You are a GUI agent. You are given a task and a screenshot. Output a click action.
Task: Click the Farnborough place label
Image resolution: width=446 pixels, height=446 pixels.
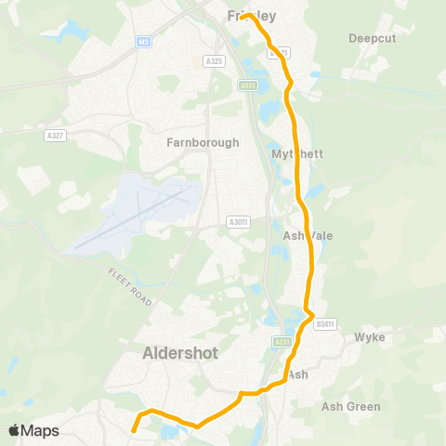(203, 143)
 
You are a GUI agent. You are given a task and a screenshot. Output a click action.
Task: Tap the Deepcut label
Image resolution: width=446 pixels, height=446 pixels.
(372, 38)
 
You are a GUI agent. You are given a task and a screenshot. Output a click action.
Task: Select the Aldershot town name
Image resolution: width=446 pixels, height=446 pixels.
(182, 353)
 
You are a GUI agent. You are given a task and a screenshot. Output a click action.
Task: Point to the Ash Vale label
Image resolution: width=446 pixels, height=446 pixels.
(308, 236)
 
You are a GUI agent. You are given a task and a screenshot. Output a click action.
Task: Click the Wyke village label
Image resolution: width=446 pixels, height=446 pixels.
(370, 338)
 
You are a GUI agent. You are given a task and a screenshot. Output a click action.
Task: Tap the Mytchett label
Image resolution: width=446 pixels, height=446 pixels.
(297, 153)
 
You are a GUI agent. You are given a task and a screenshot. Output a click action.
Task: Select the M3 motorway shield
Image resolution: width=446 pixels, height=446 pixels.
(142, 42)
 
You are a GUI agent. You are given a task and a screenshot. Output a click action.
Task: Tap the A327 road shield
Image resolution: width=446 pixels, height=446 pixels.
(55, 135)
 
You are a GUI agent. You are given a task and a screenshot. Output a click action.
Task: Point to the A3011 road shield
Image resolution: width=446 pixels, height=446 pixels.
(239, 222)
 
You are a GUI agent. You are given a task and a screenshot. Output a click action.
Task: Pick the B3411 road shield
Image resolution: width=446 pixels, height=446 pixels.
(323, 324)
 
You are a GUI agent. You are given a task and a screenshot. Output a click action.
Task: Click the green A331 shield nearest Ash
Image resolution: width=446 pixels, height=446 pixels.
(282, 342)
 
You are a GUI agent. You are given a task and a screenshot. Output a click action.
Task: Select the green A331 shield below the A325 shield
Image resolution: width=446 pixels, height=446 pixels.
(247, 85)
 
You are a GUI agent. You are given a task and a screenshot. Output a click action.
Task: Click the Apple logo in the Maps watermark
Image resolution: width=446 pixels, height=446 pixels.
(15, 430)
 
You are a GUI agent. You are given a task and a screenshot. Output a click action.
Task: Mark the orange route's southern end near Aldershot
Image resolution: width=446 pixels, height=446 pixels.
(133, 430)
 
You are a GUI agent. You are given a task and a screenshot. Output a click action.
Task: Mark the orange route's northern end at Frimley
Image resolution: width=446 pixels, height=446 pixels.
(246, 16)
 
